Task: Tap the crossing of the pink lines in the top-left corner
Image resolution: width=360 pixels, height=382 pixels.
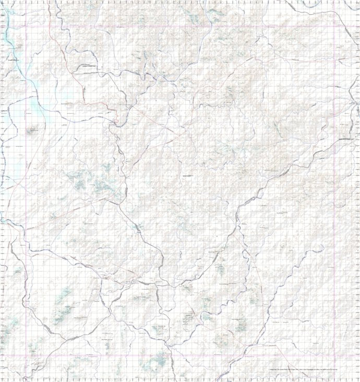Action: (26, 26)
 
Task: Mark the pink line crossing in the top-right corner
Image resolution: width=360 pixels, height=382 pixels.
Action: (334, 26)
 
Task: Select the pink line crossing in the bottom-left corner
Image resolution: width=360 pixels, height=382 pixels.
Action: (26, 356)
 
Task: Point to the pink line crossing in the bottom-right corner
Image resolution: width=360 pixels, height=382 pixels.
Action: (334, 356)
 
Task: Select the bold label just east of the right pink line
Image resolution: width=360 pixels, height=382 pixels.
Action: (347, 139)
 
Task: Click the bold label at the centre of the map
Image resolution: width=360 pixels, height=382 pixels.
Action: (186, 176)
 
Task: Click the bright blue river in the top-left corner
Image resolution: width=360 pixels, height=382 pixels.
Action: (7, 37)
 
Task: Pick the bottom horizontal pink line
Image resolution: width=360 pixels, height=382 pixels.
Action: (183, 356)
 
